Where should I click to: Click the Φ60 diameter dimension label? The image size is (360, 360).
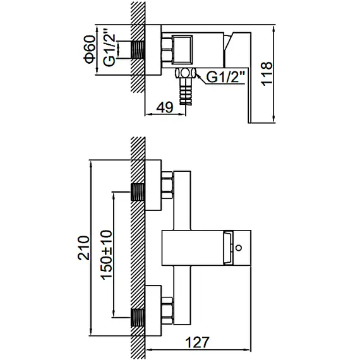click(x=90, y=49)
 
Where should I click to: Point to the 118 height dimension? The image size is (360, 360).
click(x=267, y=74)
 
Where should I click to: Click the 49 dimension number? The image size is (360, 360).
click(x=165, y=107)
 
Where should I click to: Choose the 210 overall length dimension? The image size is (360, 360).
click(x=83, y=248)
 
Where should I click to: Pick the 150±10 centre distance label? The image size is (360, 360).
click(x=107, y=255)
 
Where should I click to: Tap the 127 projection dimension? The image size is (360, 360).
click(x=198, y=342)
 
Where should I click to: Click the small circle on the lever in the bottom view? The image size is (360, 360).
click(x=239, y=248)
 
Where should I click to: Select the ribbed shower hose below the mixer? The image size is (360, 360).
click(x=185, y=92)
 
